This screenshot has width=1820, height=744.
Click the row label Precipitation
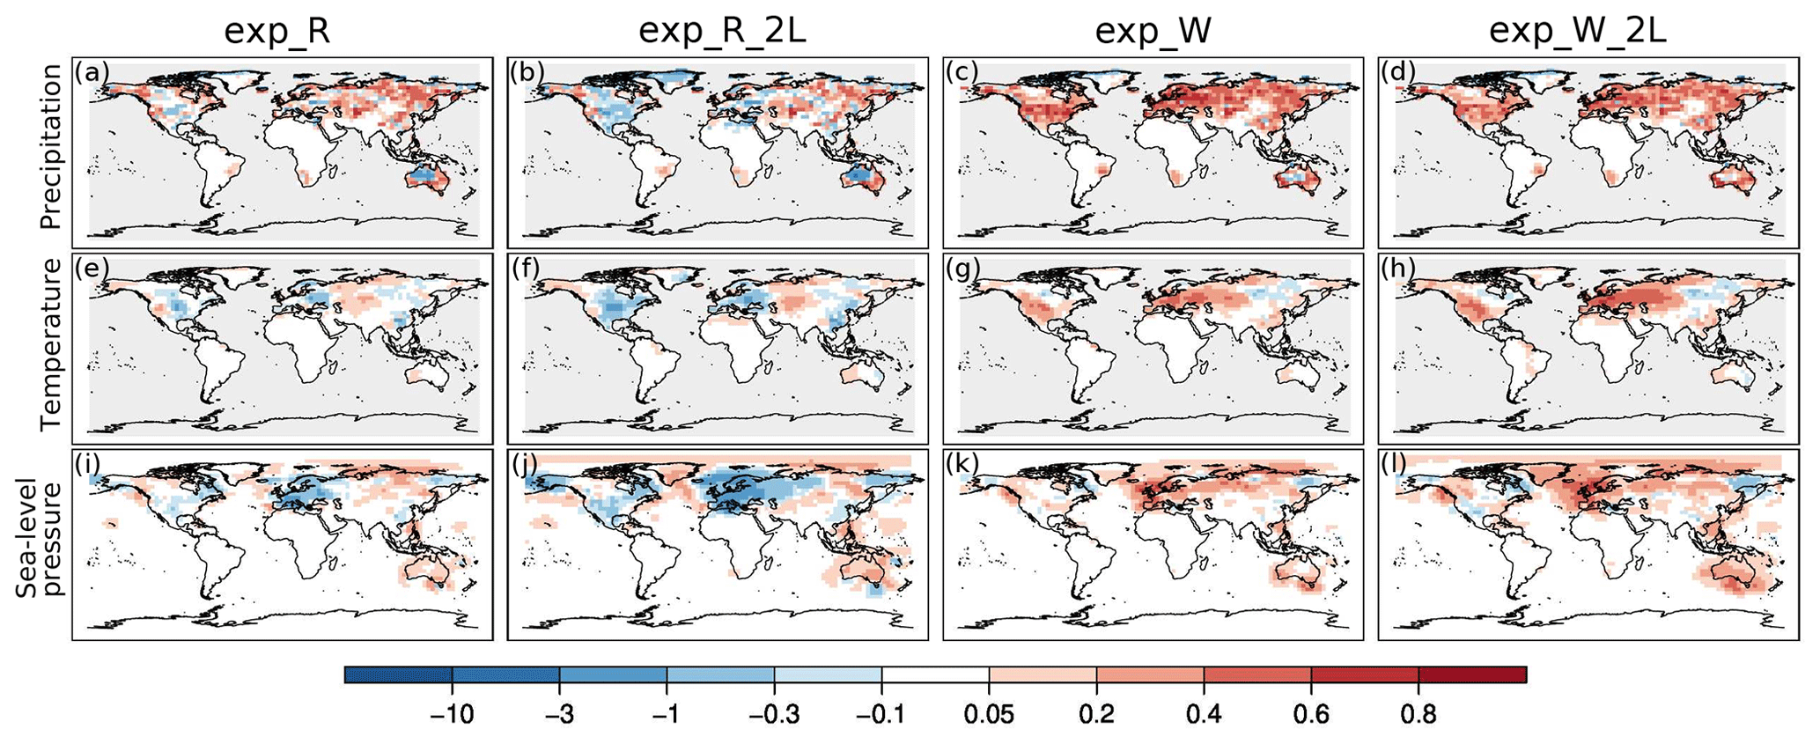tap(51, 147)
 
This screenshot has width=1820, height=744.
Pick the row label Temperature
tap(51, 344)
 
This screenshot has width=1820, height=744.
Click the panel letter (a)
tap(92, 71)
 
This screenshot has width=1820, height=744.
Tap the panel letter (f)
tap(526, 268)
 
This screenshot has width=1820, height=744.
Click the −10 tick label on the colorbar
tap(453, 714)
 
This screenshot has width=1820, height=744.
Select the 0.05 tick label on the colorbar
tap(989, 714)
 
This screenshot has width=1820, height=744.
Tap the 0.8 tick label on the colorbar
tap(1418, 714)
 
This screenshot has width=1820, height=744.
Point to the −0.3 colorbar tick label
tap(774, 714)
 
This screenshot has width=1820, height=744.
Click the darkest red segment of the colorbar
tap(1472, 674)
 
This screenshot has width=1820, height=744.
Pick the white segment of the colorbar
tap(935, 674)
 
